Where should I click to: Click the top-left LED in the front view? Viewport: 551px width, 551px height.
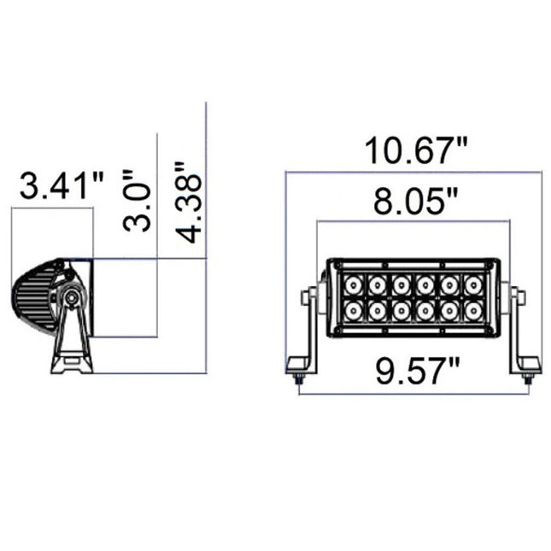pos(352,282)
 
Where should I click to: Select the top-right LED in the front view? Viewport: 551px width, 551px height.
pos(471,282)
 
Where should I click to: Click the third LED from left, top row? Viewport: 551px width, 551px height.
pos(400,282)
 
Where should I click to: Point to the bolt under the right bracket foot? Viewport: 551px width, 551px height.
pos(529,380)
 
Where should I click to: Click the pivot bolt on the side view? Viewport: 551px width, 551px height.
pos(73,298)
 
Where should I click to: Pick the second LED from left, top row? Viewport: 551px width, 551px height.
pos(376,282)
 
